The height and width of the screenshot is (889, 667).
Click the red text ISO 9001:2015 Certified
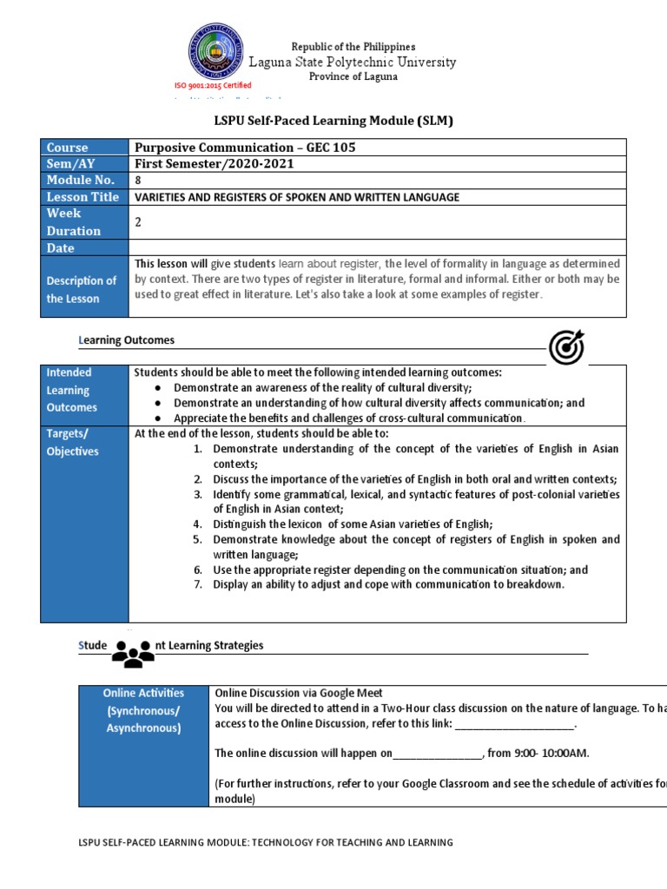(213, 85)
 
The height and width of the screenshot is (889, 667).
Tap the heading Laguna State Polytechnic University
(352, 62)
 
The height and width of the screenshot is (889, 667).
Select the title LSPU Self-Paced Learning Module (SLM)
(333, 121)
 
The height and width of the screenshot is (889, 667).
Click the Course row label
(67, 147)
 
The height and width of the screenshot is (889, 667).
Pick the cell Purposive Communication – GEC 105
(245, 147)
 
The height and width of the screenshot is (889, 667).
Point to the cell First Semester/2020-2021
(214, 163)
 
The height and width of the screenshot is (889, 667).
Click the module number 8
(137, 180)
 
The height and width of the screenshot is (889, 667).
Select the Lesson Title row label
(83, 197)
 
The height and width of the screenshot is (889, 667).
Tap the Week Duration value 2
(137, 222)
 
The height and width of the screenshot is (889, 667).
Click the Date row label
(61, 248)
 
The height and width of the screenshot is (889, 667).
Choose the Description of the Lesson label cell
(83, 289)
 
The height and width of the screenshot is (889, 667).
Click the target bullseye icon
(566, 348)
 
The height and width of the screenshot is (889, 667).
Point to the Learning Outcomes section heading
(127, 340)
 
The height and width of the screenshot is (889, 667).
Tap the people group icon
(133, 654)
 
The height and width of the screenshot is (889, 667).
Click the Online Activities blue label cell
(143, 710)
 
